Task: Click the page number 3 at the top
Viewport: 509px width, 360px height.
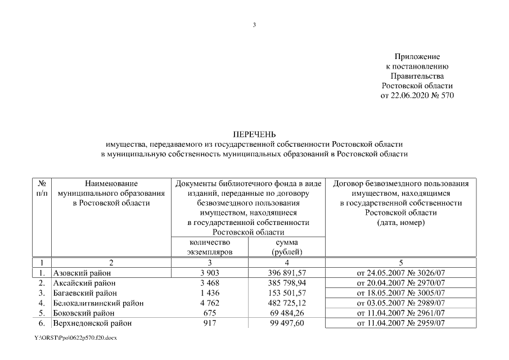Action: click(254, 25)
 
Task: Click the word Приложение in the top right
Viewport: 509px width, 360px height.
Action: click(417, 57)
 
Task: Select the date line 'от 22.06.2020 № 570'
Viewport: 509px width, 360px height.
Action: click(417, 95)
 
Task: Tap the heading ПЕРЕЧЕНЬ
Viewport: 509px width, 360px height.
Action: click(254, 134)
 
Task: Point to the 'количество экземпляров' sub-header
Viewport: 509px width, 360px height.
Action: click(209, 247)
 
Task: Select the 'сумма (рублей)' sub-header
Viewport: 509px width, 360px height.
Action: click(287, 247)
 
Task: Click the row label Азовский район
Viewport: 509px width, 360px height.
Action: click(82, 273)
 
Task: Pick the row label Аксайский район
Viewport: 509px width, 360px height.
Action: click(84, 283)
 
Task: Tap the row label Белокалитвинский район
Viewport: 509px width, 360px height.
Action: click(98, 303)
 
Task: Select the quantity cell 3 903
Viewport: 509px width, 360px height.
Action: click(209, 273)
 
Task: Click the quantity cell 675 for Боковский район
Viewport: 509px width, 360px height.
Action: click(209, 313)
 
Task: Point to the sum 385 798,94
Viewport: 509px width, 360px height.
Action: click(287, 283)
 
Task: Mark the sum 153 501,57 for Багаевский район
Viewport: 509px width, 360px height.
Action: click(287, 293)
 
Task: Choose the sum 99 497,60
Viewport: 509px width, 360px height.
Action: click(287, 323)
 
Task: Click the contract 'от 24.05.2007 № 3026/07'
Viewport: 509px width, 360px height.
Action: click(401, 273)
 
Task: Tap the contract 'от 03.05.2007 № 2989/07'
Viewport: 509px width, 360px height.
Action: click(401, 303)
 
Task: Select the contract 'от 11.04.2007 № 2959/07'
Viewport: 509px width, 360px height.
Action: click(401, 323)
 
